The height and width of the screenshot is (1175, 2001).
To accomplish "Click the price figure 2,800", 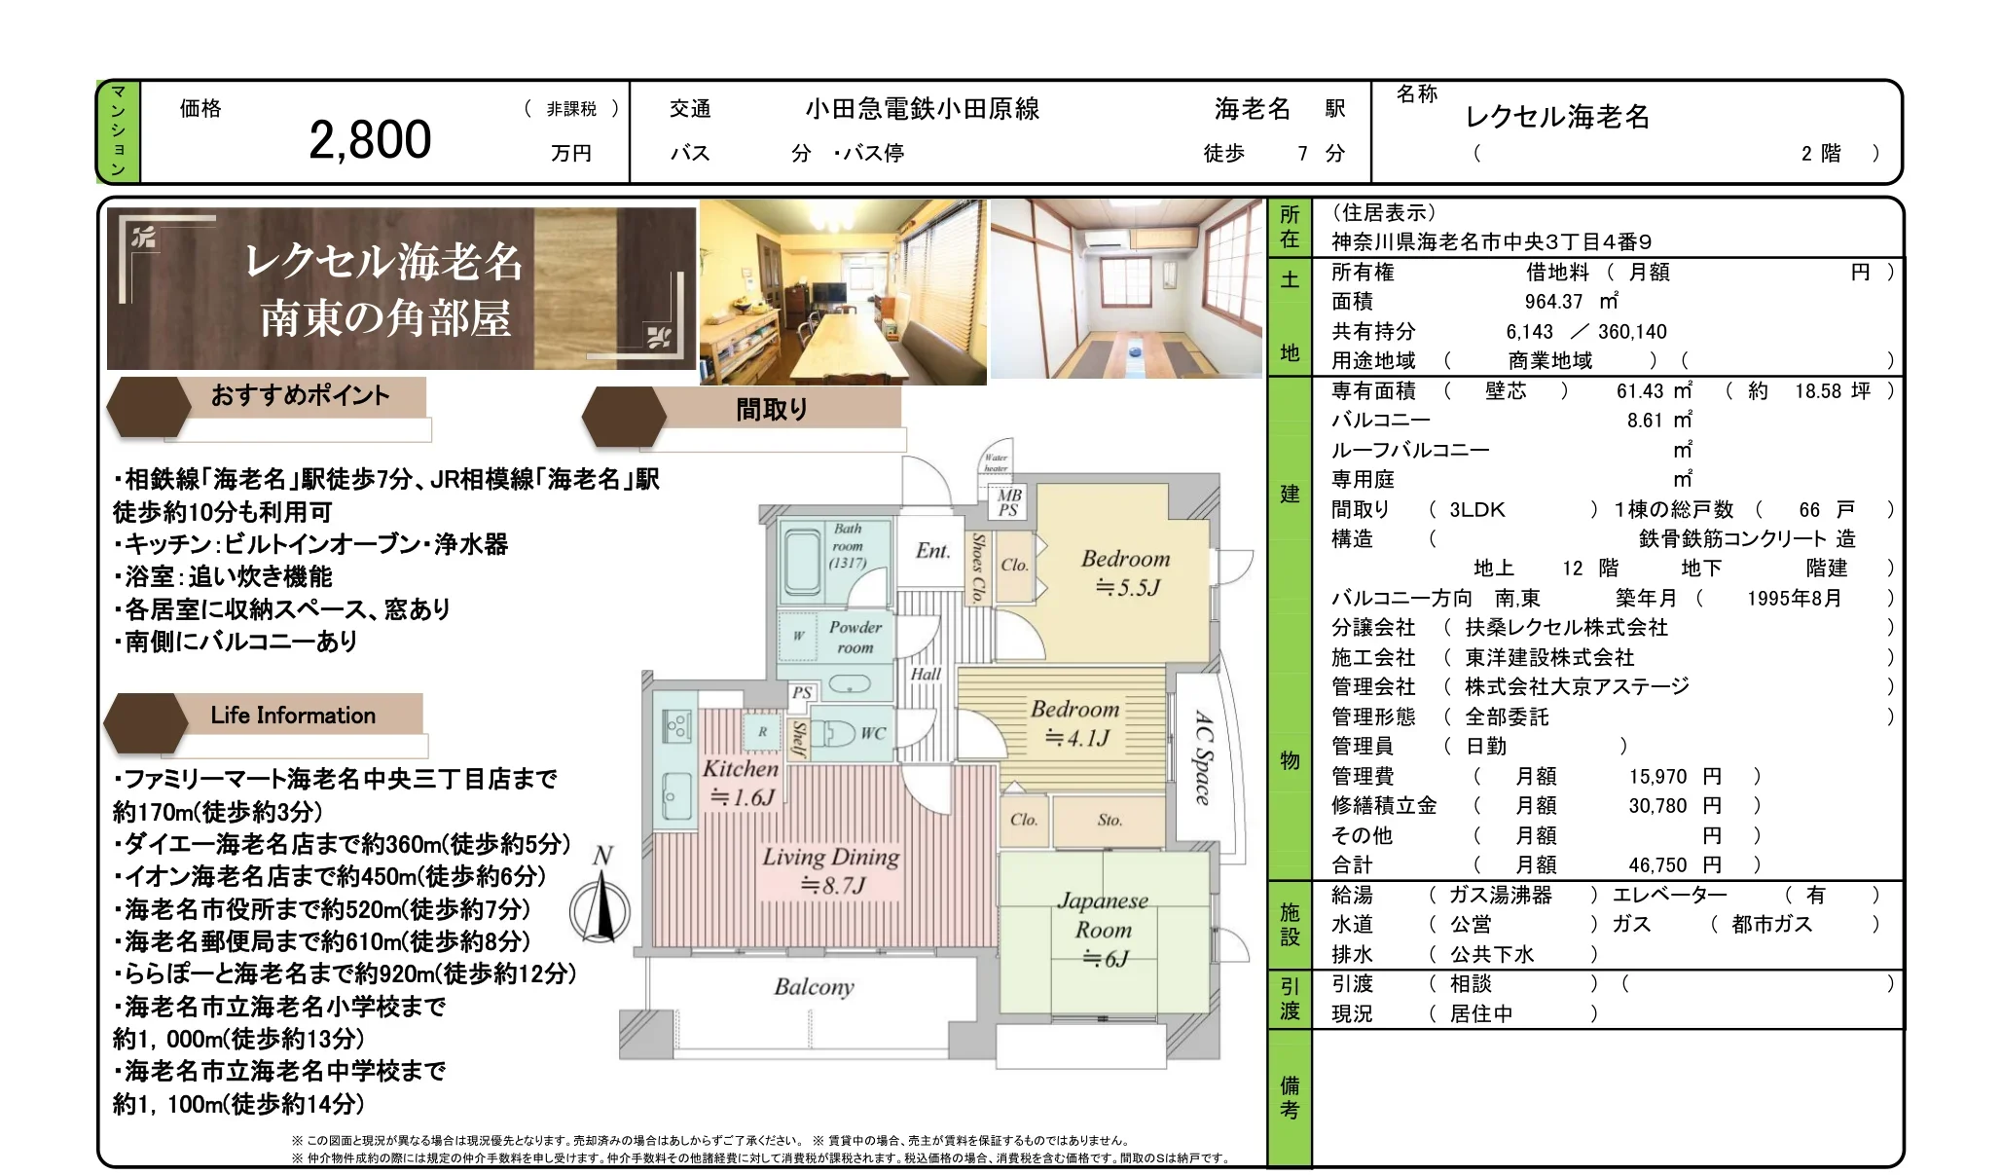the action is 370,140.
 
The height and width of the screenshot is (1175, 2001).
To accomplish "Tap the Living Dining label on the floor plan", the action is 830,870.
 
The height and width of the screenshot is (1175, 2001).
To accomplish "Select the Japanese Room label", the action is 1103,930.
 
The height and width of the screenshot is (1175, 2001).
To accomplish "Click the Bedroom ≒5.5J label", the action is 1126,572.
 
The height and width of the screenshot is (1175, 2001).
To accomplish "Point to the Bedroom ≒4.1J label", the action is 1075,723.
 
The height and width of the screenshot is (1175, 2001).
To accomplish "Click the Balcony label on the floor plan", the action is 814,987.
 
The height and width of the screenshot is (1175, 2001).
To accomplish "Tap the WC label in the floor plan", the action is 873,733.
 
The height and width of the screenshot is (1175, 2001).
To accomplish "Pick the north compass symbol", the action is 601,900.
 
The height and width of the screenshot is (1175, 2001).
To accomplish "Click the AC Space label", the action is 1204,758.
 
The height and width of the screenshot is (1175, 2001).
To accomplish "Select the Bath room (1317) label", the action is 848,545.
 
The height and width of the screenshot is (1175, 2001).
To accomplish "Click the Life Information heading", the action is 293,716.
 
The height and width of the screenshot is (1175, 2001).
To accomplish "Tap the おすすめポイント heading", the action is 300,395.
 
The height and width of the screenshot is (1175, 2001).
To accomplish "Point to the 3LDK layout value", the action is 1476,510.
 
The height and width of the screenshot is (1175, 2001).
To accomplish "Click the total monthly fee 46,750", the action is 1657,865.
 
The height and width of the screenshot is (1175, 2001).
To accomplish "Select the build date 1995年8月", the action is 1794,599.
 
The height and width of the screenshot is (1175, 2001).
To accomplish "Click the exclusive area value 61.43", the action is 1640,391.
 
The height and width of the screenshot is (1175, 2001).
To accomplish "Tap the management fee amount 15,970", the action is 1657,777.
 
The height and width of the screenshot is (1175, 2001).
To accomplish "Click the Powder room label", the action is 855,638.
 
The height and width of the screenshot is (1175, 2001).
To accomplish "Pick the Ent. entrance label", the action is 932,551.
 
